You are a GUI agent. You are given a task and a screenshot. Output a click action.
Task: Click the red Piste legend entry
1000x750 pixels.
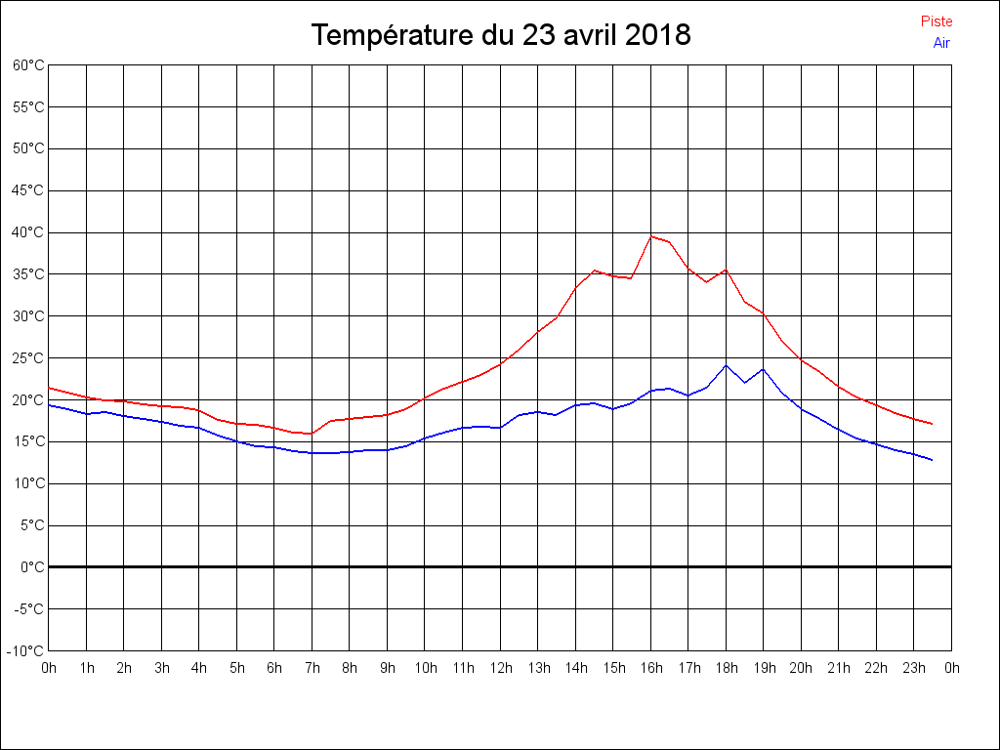[937, 21]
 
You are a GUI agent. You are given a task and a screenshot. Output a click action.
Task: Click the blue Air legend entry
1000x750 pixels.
[941, 43]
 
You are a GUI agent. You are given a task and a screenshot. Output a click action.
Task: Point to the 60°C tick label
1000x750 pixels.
[28, 65]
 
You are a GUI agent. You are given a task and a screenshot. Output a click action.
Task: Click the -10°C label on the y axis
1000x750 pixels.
[26, 651]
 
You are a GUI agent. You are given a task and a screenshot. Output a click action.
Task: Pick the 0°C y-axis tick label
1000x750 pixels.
[32, 567]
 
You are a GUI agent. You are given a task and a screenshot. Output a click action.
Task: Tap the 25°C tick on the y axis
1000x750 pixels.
[28, 358]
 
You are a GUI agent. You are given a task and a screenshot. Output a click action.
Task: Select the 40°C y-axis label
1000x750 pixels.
[28, 232]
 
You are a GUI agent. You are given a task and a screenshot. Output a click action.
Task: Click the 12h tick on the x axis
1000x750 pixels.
[500, 668]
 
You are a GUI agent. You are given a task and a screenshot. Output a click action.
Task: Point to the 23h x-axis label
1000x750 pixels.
[914, 668]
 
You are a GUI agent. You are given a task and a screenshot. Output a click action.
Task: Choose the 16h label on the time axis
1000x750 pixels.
[651, 668]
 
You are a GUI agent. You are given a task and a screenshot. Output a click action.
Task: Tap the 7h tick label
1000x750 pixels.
[312, 668]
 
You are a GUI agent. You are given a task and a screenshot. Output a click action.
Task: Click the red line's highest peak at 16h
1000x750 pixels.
[651, 235]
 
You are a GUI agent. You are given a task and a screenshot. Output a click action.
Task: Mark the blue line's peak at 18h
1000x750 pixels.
[726, 365]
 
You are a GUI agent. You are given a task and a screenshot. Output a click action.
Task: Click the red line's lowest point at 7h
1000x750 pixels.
[312, 434]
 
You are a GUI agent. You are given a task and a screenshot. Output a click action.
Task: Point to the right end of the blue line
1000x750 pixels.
[933, 460]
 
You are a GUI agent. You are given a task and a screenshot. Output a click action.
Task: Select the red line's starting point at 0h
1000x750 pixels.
[49, 388]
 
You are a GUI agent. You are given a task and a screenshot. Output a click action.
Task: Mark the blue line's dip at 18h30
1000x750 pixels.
[745, 382]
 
